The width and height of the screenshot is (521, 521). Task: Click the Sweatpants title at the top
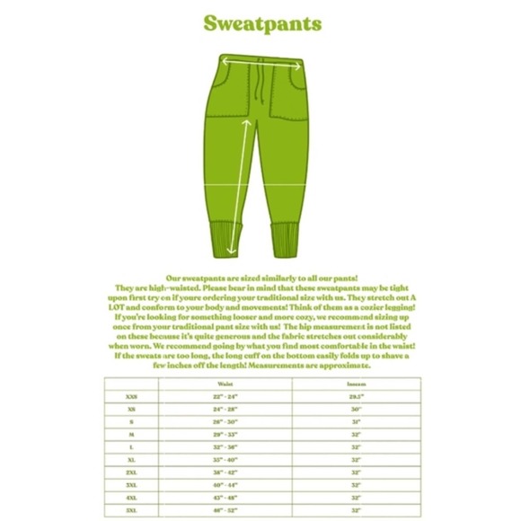point(261,23)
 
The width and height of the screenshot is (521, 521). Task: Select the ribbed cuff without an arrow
point(287,239)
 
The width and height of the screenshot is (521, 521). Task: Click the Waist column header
point(225,384)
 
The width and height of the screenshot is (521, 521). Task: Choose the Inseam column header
point(356,384)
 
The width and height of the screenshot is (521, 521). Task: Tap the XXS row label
point(132,396)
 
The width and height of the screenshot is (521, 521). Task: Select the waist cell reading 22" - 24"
point(225,396)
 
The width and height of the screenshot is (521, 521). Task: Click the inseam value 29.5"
point(356,396)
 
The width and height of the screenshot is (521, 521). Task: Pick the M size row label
point(132,433)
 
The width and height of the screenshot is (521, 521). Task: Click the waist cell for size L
point(225,446)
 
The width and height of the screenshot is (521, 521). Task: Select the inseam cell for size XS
point(356,409)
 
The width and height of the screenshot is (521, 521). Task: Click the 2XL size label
point(132,471)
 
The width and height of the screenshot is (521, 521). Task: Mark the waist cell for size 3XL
point(225,483)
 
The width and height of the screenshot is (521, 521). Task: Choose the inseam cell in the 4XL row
point(356,496)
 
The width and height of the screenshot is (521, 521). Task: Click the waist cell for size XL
point(225,458)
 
